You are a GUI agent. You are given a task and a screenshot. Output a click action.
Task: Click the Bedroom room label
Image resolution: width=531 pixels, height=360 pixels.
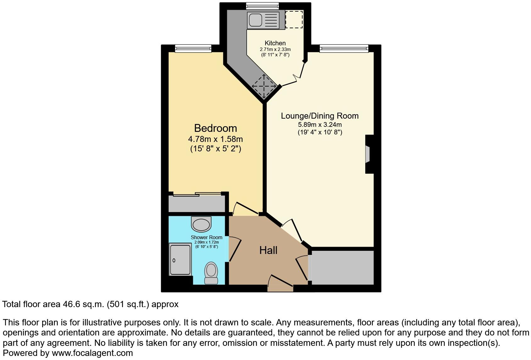[215, 128]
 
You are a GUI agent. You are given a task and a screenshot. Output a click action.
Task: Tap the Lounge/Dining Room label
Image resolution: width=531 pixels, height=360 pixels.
[320, 116]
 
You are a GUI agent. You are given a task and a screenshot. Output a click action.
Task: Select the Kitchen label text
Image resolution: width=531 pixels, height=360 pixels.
[275, 43]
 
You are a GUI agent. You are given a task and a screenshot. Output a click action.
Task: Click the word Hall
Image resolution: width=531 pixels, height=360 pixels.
[268, 250]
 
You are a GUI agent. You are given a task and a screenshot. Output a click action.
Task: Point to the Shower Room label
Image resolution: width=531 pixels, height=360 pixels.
[206, 238]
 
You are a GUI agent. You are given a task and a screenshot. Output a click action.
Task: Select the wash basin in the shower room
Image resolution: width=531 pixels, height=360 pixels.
[201, 225]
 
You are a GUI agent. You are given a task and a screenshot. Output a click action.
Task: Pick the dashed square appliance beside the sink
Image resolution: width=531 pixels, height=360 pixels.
[294, 19]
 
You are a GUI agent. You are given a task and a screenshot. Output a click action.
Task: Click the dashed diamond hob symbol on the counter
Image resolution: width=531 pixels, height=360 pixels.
[264, 86]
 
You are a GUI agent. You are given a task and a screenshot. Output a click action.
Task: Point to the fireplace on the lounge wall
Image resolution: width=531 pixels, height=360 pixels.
[368, 154]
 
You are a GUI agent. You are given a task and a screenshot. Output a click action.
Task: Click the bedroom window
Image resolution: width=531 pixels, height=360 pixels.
[193, 48]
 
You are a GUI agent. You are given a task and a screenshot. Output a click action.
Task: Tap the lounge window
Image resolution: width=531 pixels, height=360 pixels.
[344, 48]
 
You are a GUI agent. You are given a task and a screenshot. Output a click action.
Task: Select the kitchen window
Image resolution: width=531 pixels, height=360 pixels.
[262, 5]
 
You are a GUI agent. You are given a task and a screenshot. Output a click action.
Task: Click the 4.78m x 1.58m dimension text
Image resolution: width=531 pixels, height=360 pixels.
[215, 139]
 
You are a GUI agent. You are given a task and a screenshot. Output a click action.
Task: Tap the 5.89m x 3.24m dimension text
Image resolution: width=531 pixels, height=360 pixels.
[320, 125]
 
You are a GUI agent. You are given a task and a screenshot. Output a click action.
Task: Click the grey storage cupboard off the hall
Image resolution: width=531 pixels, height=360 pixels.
[342, 267]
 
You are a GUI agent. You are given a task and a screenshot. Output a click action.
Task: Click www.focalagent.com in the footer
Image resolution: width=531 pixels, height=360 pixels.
[92, 353]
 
